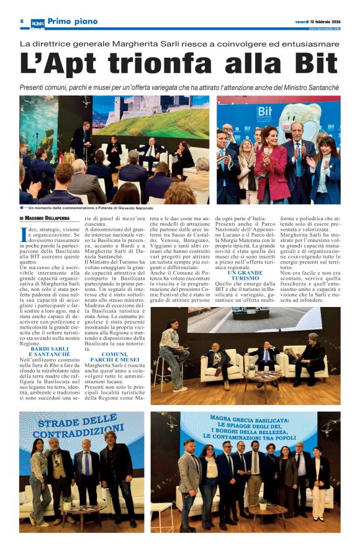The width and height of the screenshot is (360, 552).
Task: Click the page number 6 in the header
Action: pos(22,21)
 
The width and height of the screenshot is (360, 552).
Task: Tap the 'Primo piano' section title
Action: pos(73,22)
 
